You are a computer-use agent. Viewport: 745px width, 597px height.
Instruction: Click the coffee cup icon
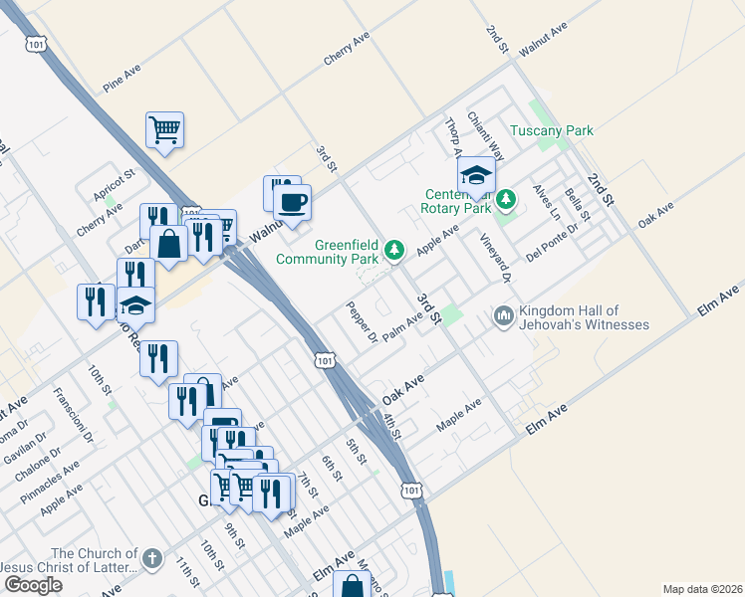point(292,204)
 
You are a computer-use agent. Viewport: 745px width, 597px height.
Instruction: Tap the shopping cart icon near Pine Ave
point(164,128)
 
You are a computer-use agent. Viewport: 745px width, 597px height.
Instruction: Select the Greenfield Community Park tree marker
point(395,251)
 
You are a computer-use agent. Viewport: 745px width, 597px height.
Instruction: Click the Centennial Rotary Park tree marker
point(506,200)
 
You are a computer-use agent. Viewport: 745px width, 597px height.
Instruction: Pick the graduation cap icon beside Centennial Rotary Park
point(477,177)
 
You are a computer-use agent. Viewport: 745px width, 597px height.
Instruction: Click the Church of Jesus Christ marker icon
point(151,559)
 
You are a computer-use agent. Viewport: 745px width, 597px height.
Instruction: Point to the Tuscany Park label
point(551,130)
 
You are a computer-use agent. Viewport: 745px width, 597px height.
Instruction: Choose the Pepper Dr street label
point(361,321)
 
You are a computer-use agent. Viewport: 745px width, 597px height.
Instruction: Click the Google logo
point(33,584)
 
